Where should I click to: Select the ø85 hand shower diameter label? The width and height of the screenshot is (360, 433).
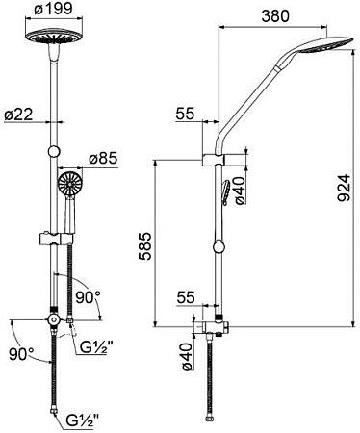pyautogui.click(x=104, y=158)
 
